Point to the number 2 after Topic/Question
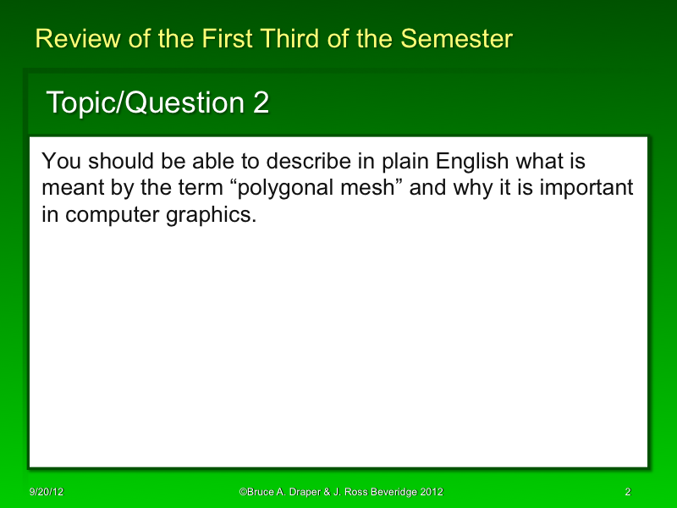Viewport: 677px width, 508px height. pyautogui.click(x=261, y=103)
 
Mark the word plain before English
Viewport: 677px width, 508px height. pyautogui.click(x=399, y=161)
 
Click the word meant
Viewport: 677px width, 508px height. pyautogui.click(x=67, y=188)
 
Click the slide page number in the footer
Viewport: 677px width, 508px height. pyautogui.click(x=627, y=492)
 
